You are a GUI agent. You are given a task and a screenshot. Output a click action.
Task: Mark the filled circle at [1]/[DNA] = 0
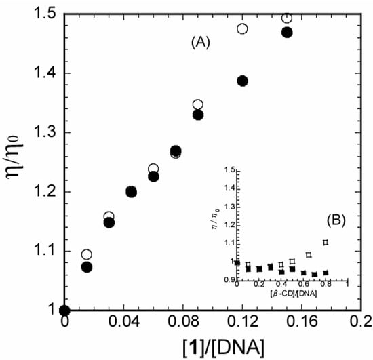(64, 311)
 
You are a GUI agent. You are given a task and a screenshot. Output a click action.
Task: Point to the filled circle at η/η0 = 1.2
(131, 192)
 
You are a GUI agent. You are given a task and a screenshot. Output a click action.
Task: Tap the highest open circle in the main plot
(287, 18)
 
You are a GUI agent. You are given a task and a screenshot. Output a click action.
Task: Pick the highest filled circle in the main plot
(287, 33)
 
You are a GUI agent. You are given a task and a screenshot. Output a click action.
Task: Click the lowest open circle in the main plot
(86, 254)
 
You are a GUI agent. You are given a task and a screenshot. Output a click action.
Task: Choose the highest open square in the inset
(326, 242)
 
